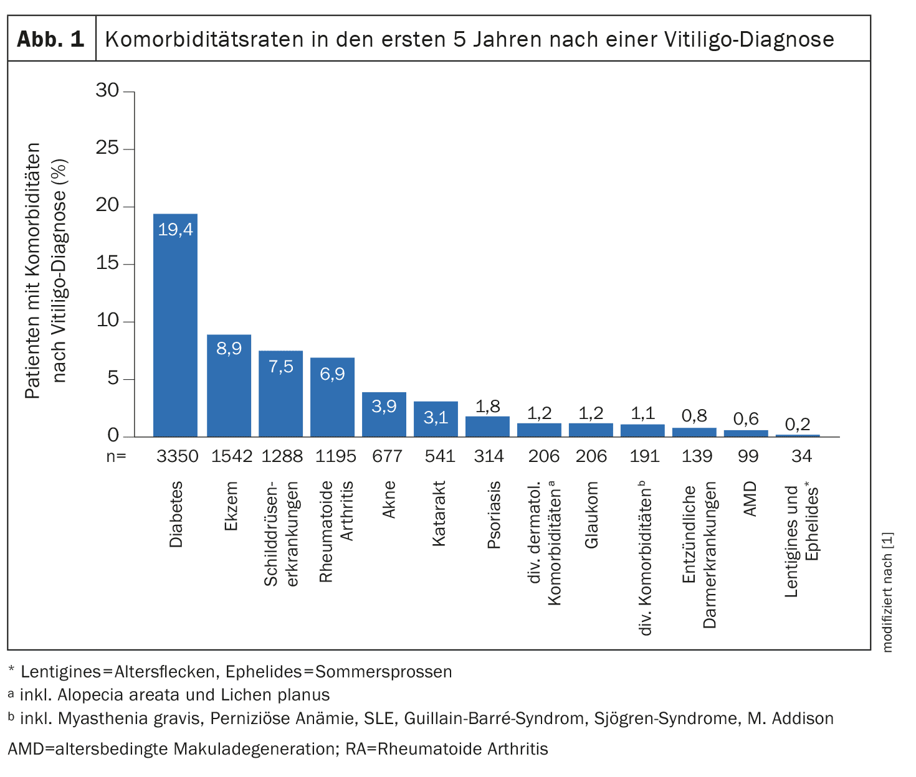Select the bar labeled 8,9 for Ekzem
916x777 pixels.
click(229, 385)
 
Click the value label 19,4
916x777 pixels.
click(175, 230)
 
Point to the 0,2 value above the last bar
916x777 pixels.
click(798, 425)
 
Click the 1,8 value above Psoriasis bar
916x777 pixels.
click(487, 407)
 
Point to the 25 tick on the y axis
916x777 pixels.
click(107, 148)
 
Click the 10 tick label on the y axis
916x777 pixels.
click(107, 321)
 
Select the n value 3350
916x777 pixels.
click(177, 456)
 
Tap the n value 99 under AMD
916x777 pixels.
click(748, 456)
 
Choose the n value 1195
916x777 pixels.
click(335, 456)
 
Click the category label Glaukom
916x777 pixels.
click(591, 514)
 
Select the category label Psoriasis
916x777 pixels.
click(494, 514)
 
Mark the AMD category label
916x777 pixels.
click(750, 499)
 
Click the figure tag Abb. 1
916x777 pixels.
click(50, 39)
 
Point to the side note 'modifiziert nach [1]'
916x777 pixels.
click(887, 591)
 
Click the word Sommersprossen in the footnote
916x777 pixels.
click(383, 672)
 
